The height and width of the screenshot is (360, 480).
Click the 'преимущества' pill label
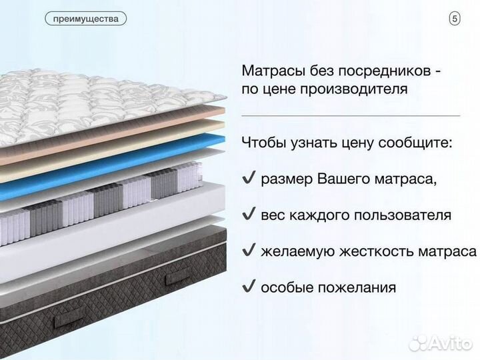point(86,19)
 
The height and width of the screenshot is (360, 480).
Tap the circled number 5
point(455,19)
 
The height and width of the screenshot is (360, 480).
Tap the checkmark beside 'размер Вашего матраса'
point(248,178)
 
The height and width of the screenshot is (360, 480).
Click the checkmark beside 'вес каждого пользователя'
point(248,215)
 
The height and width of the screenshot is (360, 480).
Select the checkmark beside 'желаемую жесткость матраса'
point(248,251)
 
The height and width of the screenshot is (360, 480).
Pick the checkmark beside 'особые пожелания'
point(248,287)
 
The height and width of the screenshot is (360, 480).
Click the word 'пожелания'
point(360,288)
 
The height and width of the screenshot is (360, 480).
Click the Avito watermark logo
point(443,341)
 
